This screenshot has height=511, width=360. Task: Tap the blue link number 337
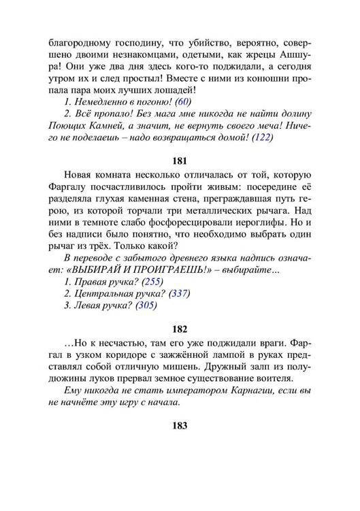click(178, 294)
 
